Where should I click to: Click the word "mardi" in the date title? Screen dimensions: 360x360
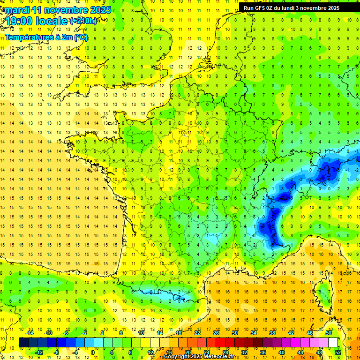tap(17, 10)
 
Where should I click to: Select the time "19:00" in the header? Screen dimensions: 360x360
tap(20, 21)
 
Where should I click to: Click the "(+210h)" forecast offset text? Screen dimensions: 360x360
tap(83, 21)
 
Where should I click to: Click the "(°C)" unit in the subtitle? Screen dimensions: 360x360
tap(80, 37)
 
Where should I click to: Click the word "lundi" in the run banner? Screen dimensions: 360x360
tap(291, 8)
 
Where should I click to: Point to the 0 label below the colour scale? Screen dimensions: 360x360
tap(92, 352)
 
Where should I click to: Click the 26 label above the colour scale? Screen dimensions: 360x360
tap(216, 333)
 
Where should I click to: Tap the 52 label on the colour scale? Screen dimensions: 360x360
tap(338, 352)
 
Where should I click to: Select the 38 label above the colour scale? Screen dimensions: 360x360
tap(272, 333)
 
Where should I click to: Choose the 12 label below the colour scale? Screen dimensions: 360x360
tap(150, 352)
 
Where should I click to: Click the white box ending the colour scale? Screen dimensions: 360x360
tap(333, 343)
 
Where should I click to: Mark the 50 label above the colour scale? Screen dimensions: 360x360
tap(328, 333)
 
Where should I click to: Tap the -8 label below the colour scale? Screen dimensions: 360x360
tap(57, 352)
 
